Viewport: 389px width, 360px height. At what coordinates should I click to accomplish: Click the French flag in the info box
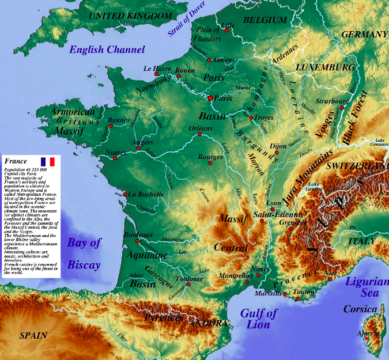[x=47, y=162]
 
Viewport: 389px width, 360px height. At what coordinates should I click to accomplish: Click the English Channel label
[x=107, y=50]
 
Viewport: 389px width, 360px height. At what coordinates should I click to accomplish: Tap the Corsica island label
[x=360, y=309]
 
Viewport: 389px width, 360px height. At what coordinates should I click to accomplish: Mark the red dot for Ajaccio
[x=367, y=340]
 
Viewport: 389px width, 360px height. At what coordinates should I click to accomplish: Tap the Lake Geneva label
[x=318, y=186]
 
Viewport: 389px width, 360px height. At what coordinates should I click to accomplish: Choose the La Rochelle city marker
[x=126, y=194]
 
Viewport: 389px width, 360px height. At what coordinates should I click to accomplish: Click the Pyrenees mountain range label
[x=164, y=318]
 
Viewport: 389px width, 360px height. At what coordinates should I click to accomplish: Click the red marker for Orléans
[x=199, y=136]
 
